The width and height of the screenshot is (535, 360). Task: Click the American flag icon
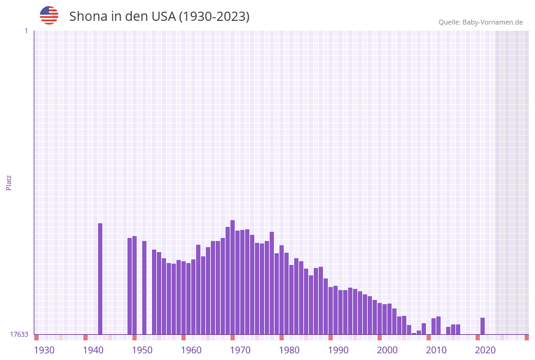tap(49, 15)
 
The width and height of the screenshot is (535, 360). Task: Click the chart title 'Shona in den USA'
tap(122, 17)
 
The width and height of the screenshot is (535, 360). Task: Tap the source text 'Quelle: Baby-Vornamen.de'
tap(480, 22)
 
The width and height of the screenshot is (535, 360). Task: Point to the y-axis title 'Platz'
tap(9, 182)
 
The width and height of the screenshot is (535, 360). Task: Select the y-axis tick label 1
tap(26, 31)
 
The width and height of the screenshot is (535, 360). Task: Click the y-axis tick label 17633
tap(19, 334)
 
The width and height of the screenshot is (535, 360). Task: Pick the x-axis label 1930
tap(44, 350)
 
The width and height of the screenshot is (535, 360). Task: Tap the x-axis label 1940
tap(93, 350)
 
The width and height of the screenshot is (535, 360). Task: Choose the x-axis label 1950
tap(142, 350)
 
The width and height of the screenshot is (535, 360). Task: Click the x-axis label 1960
tap(191, 350)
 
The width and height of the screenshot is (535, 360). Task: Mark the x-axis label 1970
tap(240, 350)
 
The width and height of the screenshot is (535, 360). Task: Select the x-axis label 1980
tap(289, 350)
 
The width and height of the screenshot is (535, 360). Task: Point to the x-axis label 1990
tap(338, 350)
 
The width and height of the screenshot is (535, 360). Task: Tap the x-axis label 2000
tap(387, 350)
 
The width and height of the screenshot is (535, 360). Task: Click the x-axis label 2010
tap(436, 350)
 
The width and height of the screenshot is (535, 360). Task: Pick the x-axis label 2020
tap(485, 350)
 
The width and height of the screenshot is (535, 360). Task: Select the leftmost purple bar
tap(101, 279)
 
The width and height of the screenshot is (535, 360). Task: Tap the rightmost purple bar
tap(483, 326)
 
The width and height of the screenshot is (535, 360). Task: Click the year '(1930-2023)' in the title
tap(214, 17)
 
